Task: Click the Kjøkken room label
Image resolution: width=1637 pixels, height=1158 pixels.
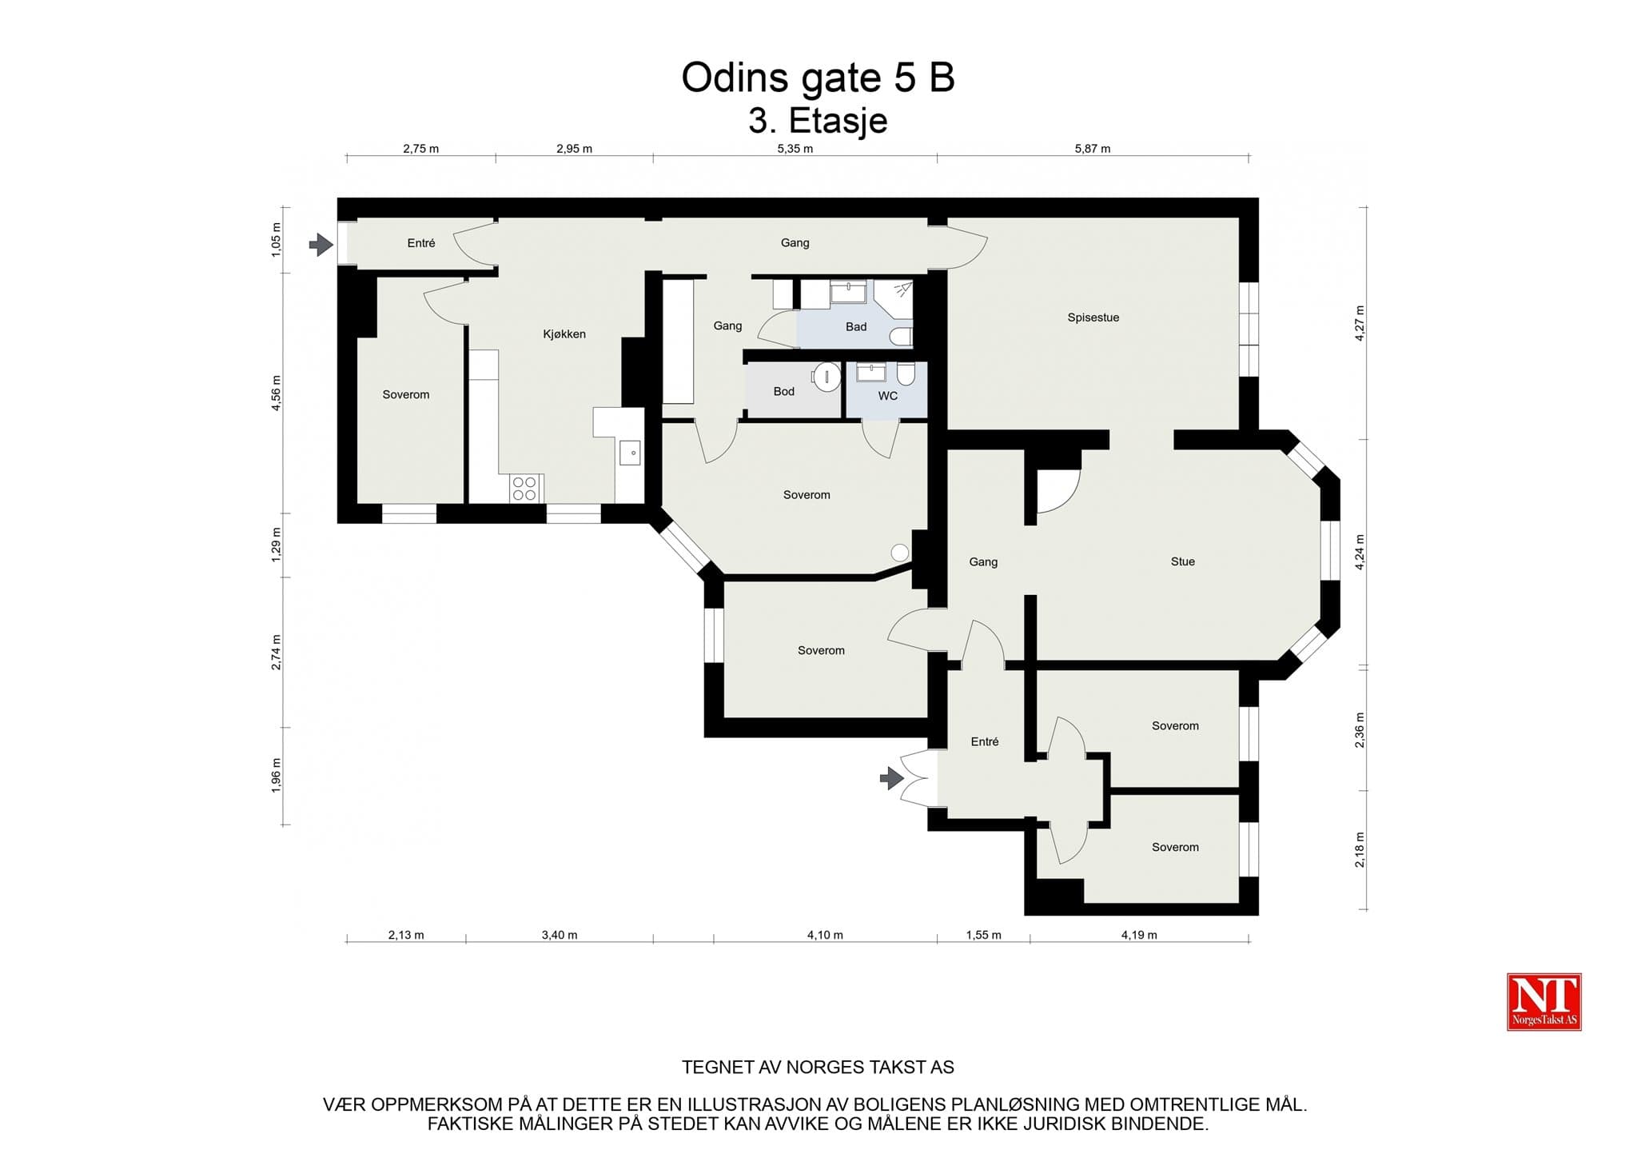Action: pos(564,334)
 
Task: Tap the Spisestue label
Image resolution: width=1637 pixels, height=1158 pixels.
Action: pos(1093,317)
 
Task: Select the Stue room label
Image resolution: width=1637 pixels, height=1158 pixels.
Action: pos(1182,561)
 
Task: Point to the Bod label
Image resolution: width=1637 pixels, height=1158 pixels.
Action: pos(783,391)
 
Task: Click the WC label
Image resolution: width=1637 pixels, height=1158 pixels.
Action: pos(887,396)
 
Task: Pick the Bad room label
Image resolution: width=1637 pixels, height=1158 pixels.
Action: pos(856,326)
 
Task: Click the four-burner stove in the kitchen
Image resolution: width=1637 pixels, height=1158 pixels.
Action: pos(525,489)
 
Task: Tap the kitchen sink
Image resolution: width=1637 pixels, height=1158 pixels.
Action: pos(630,453)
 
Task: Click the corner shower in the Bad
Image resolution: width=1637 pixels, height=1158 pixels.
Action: pos(894,300)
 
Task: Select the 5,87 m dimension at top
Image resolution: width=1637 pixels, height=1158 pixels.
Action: pos(1092,149)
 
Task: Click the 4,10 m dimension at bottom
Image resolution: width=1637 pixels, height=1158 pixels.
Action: pos(825,935)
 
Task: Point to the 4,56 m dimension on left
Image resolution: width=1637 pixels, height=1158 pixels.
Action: pos(277,393)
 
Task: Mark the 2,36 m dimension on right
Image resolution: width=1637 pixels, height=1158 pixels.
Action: pos(1360,730)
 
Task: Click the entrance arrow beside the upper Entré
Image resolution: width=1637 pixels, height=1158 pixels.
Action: pos(321,244)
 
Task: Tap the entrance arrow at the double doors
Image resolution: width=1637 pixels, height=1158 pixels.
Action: pos(892,777)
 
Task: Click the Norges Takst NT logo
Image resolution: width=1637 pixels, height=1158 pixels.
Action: pos(1543,1001)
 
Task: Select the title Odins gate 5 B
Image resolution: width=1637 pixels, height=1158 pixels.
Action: pos(818,78)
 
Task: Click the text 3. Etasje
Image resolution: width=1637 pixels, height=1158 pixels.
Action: pos(818,121)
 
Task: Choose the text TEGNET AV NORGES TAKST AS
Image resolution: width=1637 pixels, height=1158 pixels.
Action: pos(818,1068)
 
